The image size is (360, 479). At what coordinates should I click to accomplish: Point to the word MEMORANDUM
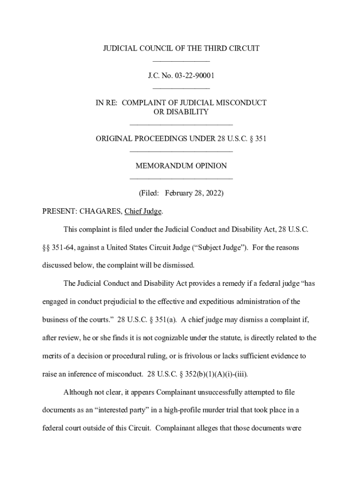pos(162,166)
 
